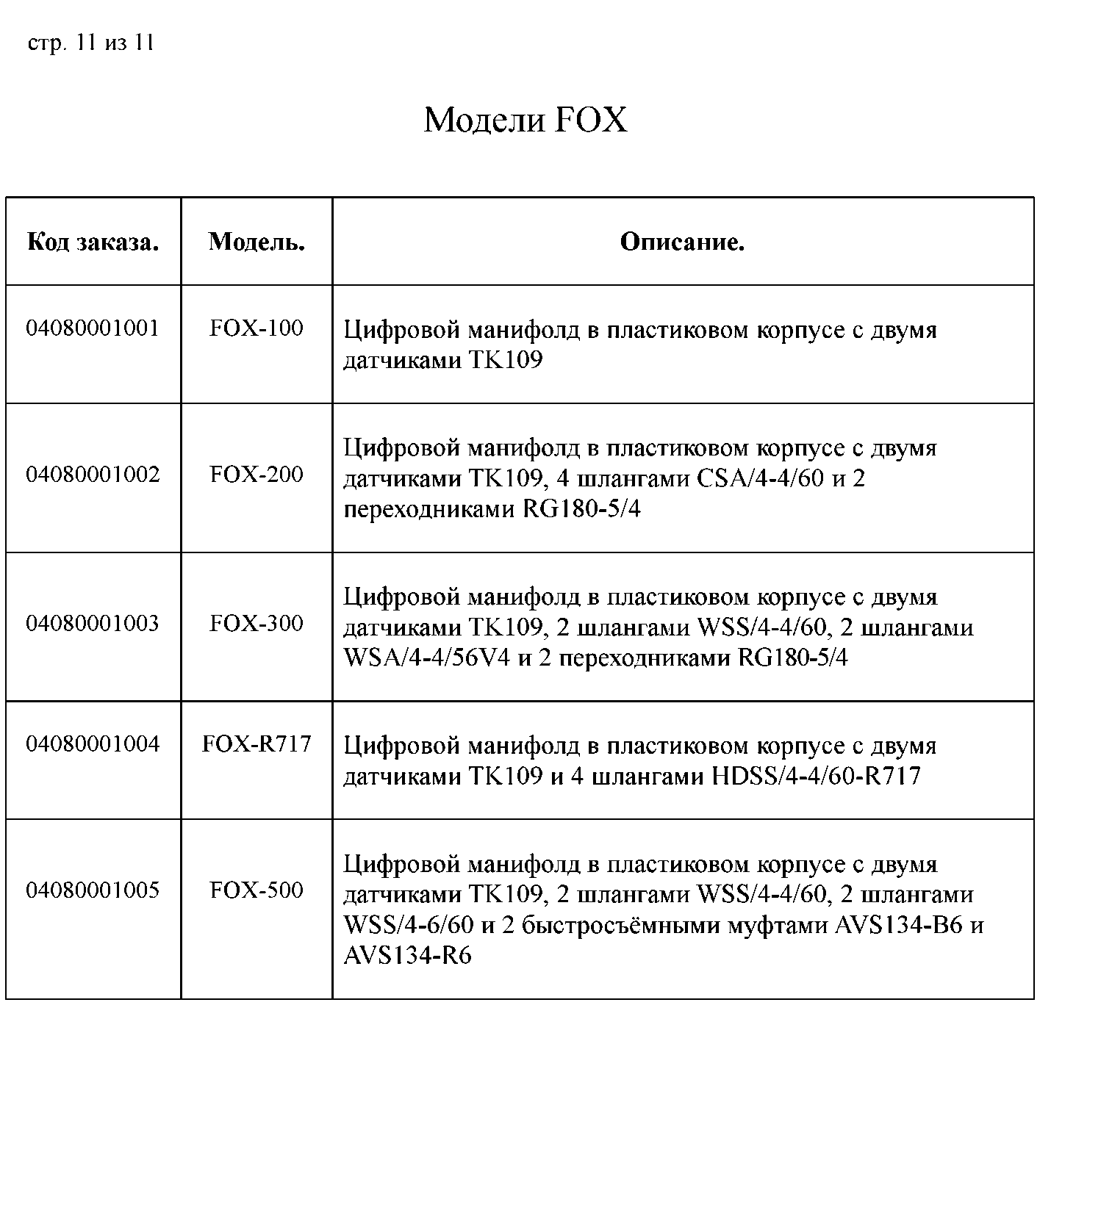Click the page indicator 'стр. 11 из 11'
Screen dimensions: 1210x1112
[90, 43]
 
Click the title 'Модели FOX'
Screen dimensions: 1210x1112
[525, 120]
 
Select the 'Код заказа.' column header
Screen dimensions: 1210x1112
[93, 242]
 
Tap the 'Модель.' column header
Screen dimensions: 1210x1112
[257, 242]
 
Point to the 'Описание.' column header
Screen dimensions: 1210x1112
[682, 242]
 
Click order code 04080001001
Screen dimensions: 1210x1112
[93, 328]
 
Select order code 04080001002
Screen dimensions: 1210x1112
[93, 475]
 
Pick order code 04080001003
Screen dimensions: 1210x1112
[93, 624]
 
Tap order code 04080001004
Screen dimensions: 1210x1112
[93, 744]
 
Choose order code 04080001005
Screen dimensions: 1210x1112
[93, 890]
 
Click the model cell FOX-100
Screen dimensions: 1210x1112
[257, 328]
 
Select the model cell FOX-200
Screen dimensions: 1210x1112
[257, 475]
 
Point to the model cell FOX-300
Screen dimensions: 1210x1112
[257, 624]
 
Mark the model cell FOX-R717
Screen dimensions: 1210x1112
[257, 744]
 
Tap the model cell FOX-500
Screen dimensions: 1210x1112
[257, 890]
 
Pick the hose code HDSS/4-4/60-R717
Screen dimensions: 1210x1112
[817, 777]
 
